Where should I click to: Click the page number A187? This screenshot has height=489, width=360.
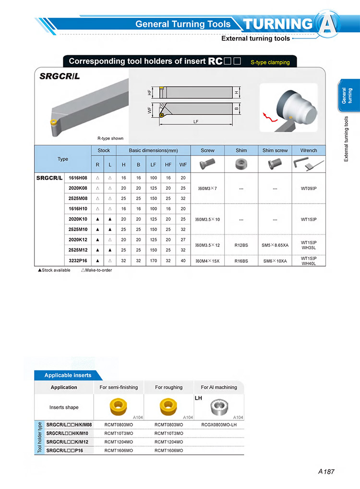[x=326, y=472]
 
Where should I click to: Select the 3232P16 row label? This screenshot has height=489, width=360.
[x=78, y=261]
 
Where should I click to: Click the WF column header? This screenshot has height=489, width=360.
[x=183, y=165]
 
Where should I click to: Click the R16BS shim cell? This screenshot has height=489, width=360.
[x=241, y=261]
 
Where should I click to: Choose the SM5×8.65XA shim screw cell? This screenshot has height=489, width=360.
[x=275, y=245]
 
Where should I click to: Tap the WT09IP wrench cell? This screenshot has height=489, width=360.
[x=309, y=188]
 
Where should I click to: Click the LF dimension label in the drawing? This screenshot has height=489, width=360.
[x=196, y=122]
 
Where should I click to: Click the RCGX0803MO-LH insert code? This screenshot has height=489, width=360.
[x=219, y=425]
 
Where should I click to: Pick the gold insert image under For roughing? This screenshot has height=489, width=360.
[x=168, y=407]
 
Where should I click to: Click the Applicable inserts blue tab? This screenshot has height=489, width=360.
[x=68, y=375]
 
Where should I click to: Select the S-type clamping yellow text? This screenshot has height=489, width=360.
[x=270, y=62]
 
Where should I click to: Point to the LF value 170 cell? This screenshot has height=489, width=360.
[x=153, y=261]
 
